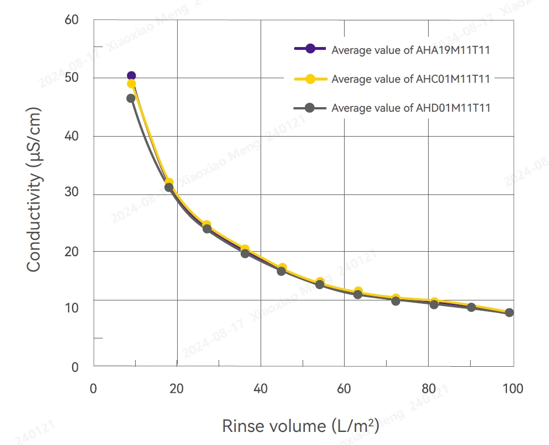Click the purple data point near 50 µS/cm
131,75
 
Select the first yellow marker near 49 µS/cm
131,84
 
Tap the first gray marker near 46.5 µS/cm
131,98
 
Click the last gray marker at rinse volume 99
509,312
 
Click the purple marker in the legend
310,49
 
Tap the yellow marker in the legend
310,79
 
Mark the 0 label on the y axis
75,367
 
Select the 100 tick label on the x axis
513,389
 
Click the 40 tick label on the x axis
261,389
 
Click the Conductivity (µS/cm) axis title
35,189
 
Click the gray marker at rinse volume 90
471,307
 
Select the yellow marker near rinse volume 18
169,183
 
